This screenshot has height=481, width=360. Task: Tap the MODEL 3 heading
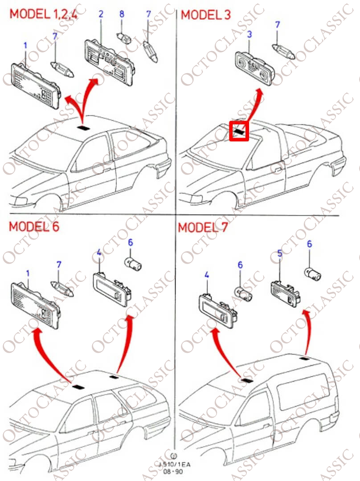[x=205, y=14]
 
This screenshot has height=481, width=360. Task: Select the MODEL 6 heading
[x=34, y=226]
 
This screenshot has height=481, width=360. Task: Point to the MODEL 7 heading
[x=203, y=227]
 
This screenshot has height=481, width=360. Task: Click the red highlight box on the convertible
[x=239, y=131]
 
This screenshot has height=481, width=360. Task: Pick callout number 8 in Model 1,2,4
[x=122, y=14]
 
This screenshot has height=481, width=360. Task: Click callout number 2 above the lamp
[x=101, y=14]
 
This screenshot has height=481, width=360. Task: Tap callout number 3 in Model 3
[x=250, y=34]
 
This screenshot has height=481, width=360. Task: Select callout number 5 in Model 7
[x=279, y=254]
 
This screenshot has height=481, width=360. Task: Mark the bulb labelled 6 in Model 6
[x=134, y=265]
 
